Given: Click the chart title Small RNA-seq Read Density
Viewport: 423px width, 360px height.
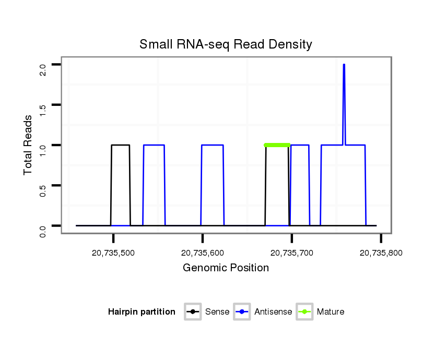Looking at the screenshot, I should pyautogui.click(x=226, y=44).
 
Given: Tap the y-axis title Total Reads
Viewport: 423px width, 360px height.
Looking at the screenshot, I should pyautogui.click(x=29, y=145).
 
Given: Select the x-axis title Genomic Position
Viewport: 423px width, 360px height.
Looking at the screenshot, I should pyautogui.click(x=226, y=268).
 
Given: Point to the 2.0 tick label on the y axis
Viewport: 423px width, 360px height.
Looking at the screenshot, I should pyautogui.click(x=43, y=69).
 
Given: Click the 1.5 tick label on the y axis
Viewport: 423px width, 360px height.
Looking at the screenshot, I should pyautogui.click(x=43, y=110).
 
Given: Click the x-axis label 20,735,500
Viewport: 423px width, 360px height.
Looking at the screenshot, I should pyautogui.click(x=113, y=253).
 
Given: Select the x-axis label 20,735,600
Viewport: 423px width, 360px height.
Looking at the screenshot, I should pyautogui.click(x=203, y=253).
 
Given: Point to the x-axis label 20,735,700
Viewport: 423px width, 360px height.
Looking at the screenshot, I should pyautogui.click(x=292, y=253).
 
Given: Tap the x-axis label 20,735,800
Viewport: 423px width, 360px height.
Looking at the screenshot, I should pyautogui.click(x=381, y=253).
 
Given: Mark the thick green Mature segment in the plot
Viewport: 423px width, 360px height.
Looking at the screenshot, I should pyautogui.click(x=277, y=145).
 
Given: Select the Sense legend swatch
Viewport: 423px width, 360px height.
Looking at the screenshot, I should pyautogui.click(x=192, y=312).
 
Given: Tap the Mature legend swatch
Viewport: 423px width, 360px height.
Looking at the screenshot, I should pyautogui.click(x=304, y=312).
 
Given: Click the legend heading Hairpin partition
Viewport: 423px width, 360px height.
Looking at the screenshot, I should pyautogui.click(x=142, y=312).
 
